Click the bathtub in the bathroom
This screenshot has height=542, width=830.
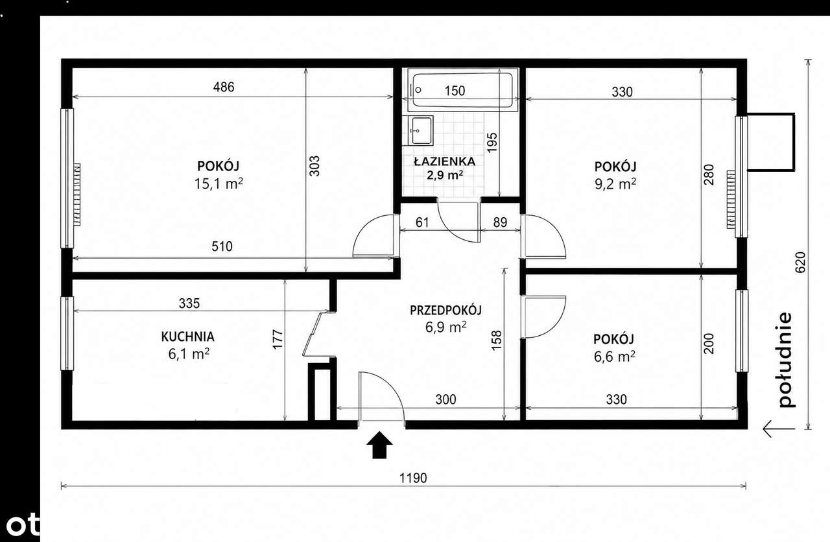tap(463, 90)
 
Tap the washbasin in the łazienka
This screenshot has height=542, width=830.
tap(421, 130)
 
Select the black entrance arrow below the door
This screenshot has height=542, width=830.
tap(379, 445)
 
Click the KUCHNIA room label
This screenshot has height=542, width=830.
tap(187, 336)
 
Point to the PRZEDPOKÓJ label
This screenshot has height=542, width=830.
tap(445, 310)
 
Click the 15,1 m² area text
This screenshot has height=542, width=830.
tap(219, 183)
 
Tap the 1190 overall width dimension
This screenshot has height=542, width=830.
tap(413, 478)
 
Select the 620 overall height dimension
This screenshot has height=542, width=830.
tap(800, 263)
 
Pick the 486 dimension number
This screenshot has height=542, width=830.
tap(224, 87)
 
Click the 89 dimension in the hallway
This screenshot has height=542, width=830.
tap(500, 222)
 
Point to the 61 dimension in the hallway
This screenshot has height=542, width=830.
tap(422, 222)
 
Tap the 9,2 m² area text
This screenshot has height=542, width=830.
tap(615, 183)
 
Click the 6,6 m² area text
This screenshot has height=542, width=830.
tap(615, 357)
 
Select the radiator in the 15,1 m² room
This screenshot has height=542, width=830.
tap(77, 194)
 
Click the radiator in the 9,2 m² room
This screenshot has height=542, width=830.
tap(731, 199)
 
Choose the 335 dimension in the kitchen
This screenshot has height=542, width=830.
tap(189, 303)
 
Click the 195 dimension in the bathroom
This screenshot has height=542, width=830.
tap(492, 143)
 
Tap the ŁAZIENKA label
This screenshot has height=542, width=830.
tap(445, 161)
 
